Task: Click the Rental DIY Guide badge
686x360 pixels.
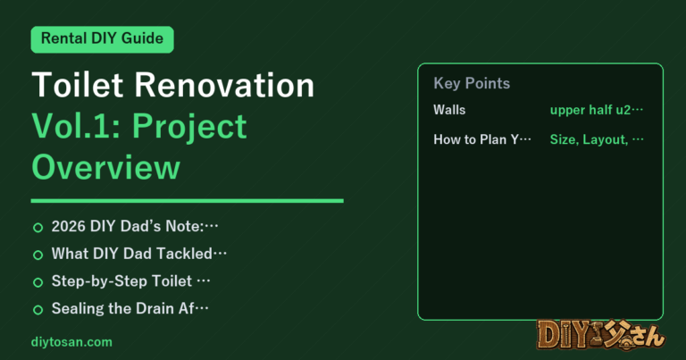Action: coord(103,39)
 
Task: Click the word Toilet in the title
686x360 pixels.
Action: coord(78,85)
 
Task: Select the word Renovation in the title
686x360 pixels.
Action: coord(224,85)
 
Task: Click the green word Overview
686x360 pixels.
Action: coord(106,167)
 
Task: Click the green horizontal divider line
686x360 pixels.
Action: coord(188,201)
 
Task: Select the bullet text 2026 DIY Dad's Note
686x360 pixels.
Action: coord(128,226)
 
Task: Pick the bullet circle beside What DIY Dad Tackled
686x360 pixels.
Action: coord(38,255)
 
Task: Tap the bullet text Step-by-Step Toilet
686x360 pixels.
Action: coord(121,280)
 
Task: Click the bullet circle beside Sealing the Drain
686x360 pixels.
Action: coord(38,310)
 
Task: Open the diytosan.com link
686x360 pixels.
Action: coord(71,342)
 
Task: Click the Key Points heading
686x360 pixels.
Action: coord(472,83)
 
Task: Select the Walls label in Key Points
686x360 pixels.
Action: coord(449,110)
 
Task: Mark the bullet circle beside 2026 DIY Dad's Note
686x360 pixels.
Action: coord(38,228)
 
